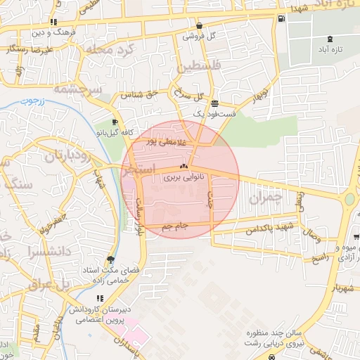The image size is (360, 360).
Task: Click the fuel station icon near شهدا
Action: (282, 18)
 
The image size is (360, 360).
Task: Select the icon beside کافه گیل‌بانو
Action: (115, 121)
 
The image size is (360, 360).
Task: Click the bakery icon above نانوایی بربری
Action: (184, 167)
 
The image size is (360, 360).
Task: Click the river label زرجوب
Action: (32, 101)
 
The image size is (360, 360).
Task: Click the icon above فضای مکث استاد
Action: (110, 258)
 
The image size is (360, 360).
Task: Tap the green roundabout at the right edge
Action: (349, 200)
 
